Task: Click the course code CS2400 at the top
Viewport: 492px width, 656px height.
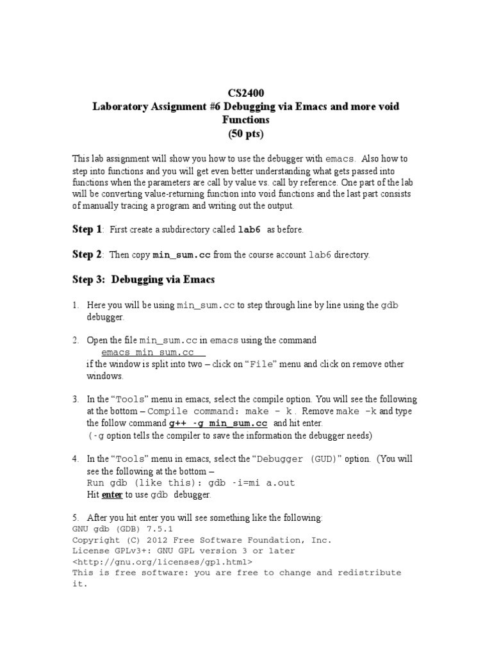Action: click(246, 94)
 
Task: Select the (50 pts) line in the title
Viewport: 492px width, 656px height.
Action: click(246, 133)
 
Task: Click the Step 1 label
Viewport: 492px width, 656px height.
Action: click(87, 229)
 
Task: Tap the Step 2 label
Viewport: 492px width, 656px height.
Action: click(87, 255)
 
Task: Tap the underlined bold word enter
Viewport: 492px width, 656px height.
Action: click(112, 495)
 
